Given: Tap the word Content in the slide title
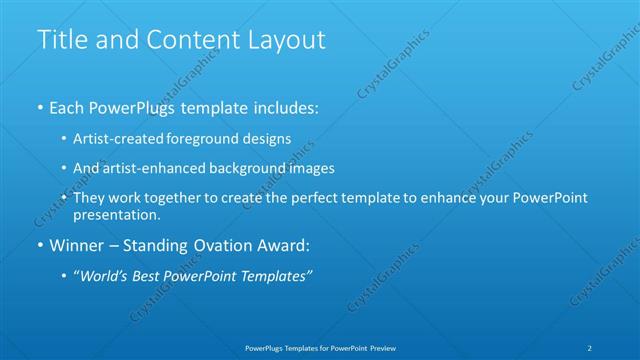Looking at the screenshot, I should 187,40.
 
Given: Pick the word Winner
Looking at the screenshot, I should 76,246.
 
